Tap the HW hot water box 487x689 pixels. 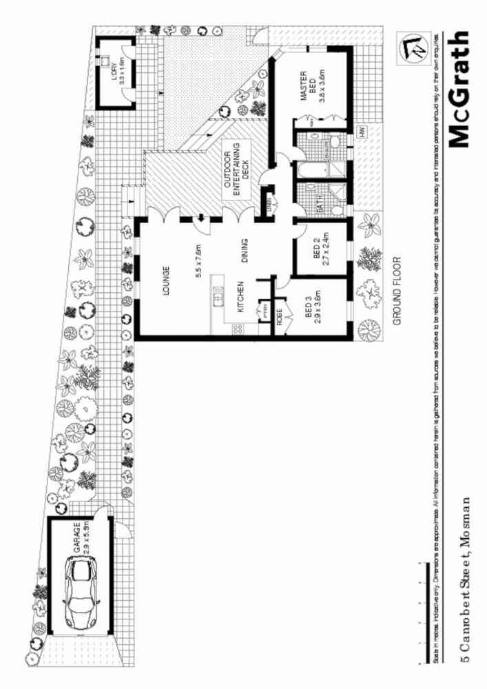(362, 132)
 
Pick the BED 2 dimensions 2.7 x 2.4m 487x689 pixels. (329, 249)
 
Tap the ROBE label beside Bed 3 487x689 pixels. (280, 316)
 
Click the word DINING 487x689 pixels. (244, 251)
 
